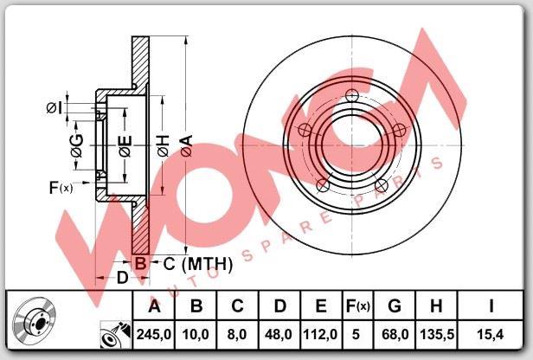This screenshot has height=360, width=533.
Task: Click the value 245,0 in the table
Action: pyautogui.click(x=154, y=335)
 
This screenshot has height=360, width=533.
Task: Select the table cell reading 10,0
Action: pyautogui.click(x=196, y=335)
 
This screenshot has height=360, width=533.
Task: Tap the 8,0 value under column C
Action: pyautogui.click(x=237, y=335)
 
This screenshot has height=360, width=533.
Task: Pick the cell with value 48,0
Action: pyautogui.click(x=279, y=335)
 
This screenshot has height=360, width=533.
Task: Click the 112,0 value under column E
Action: pyautogui.click(x=320, y=335)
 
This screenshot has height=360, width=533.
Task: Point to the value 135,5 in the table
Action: pyautogui.click(x=437, y=335)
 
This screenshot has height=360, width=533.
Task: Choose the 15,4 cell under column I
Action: pyautogui.click(x=490, y=335)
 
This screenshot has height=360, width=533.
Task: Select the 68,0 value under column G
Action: pyautogui.click(x=395, y=335)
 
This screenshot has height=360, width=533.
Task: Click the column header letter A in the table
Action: pyautogui.click(x=154, y=306)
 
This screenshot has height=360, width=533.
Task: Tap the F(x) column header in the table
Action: pyautogui.click(x=357, y=306)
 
